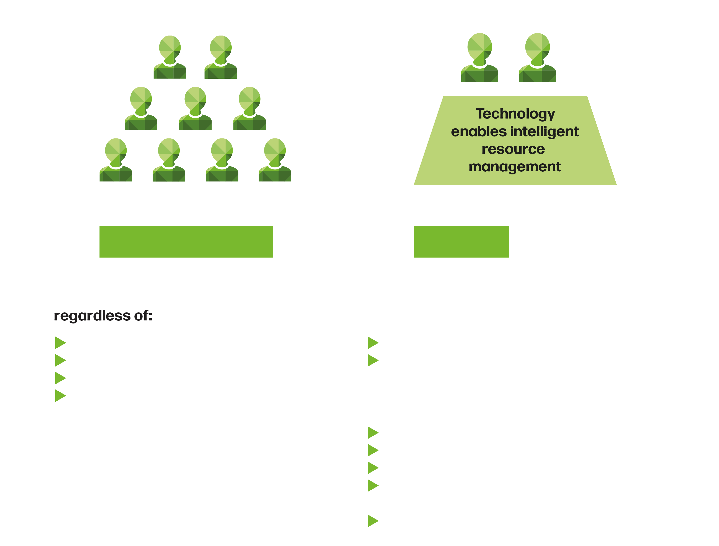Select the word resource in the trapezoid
[x=513, y=149]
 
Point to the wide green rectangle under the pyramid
[x=186, y=241]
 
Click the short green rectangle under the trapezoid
[x=461, y=241]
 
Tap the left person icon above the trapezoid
[x=480, y=58]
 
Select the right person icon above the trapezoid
[x=537, y=58]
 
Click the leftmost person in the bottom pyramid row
[x=116, y=160]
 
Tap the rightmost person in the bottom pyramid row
[x=275, y=160]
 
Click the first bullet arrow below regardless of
[x=60, y=343]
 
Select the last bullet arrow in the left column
[x=60, y=396]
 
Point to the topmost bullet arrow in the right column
[x=373, y=343]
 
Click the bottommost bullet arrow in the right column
[x=373, y=521]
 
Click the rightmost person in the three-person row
[x=249, y=109]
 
